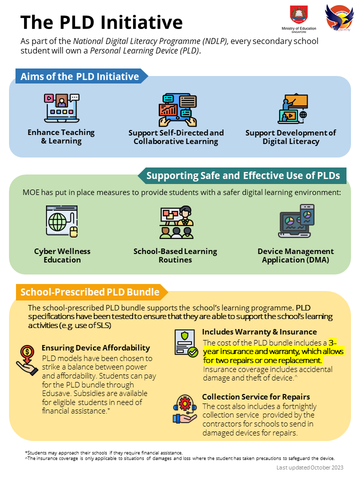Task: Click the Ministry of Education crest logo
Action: [299, 15]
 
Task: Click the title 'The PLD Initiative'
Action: [101, 22]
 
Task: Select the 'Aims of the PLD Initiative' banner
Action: [80, 76]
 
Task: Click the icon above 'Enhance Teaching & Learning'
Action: [61, 108]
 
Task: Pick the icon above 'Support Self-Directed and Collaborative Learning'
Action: [176, 109]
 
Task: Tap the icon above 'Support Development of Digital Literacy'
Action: [292, 108]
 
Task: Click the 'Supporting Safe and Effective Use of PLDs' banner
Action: [243, 175]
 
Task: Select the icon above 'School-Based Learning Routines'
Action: [176, 222]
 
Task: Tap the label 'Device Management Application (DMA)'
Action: [295, 255]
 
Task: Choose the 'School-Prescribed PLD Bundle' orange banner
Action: [90, 292]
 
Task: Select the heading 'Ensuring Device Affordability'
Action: [95, 347]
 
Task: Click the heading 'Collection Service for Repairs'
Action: [256, 397]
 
